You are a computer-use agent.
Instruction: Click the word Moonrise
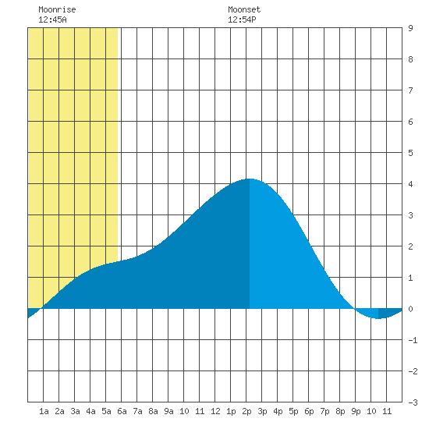pos(57,9)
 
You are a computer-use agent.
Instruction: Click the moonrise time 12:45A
pos(52,19)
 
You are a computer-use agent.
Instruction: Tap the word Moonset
pos(244,9)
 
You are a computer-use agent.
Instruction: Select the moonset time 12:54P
pos(242,19)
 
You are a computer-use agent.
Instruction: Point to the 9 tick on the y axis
pos(410,28)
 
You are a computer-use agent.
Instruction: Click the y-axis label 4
pos(410,184)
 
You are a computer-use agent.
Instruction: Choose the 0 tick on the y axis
pos(410,309)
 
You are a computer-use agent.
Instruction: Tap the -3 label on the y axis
pos(413,402)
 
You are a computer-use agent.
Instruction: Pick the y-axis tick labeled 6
pos(410,122)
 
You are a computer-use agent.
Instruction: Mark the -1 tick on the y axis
pos(413,340)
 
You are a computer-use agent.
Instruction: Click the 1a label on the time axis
pos(44,411)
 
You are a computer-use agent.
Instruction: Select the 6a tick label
pos(122,411)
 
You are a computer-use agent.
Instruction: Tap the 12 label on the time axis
pos(215,411)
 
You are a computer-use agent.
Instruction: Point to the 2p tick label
pos(246,411)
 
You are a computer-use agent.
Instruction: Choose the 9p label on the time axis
pos(356,411)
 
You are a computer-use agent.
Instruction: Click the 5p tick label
pos(293,411)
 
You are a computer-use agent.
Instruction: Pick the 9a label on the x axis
pos(168,411)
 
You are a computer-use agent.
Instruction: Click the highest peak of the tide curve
pos(250,179)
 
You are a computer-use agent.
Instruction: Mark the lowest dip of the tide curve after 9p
pos(378,318)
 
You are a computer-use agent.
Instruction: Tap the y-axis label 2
pos(410,246)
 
